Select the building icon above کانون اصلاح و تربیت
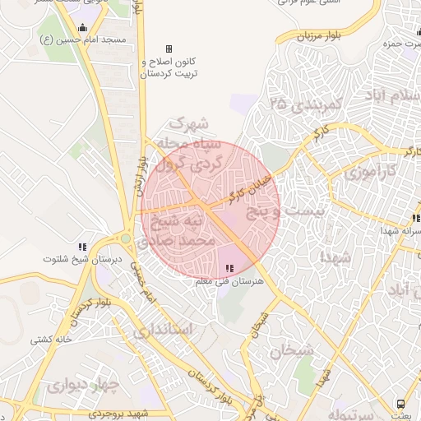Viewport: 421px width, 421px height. [169, 49]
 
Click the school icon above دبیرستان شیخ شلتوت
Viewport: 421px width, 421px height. [82, 246]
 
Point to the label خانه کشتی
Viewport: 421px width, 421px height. [52, 339]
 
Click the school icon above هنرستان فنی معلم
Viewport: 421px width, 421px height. [229, 269]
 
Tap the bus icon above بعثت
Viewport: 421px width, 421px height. [401, 404]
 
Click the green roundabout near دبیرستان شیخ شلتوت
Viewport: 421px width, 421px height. [125, 239]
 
